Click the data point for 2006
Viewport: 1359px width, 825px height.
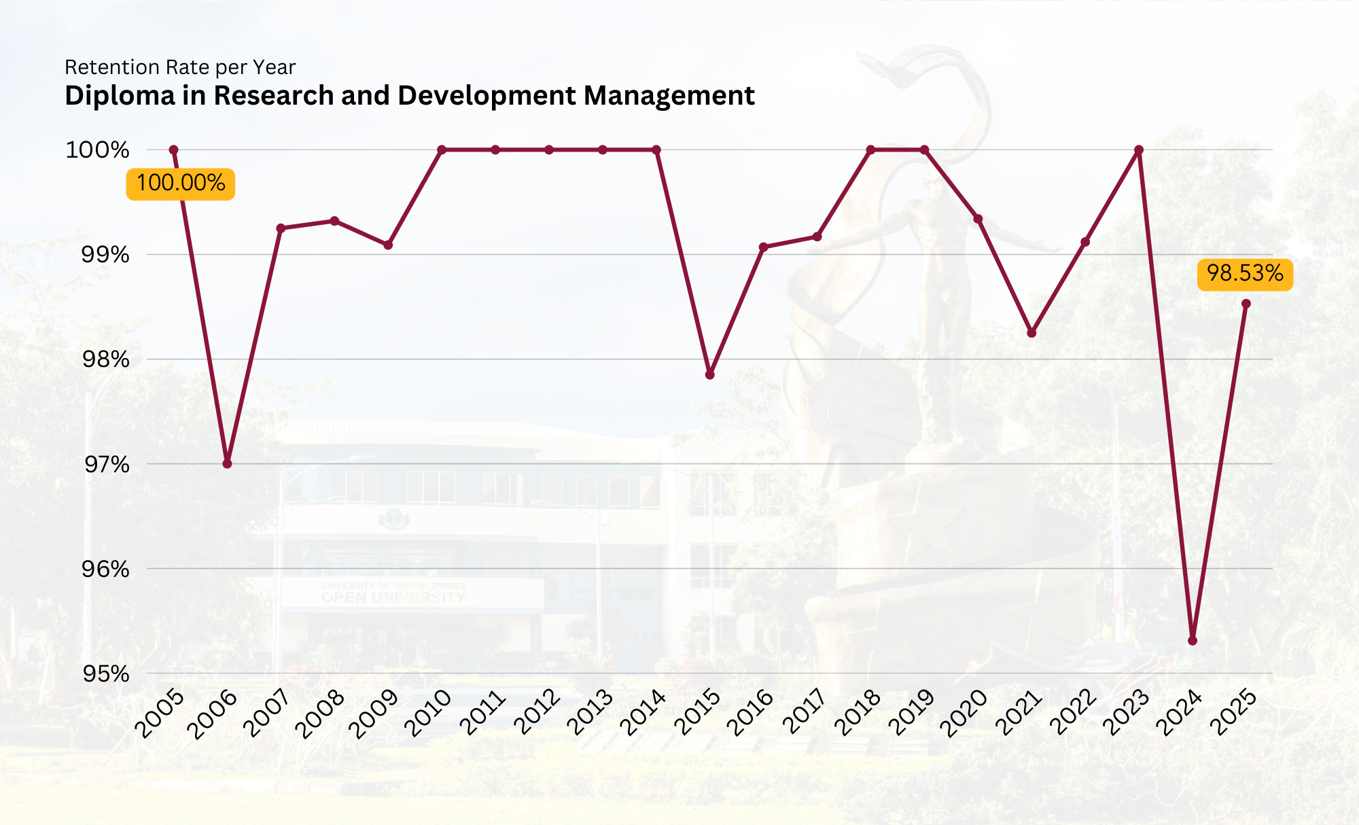pos(227,463)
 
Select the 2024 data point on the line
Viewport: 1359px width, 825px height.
pos(1192,641)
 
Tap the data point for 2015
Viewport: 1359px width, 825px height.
pos(709,375)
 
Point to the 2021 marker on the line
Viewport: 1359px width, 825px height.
pos(1031,333)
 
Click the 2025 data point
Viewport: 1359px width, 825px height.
pos(1246,304)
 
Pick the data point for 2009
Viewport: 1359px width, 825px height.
pos(388,245)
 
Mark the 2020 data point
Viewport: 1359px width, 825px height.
pos(978,219)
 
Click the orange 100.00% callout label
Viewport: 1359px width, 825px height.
pos(181,183)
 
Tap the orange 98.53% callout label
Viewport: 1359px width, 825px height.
pos(1244,274)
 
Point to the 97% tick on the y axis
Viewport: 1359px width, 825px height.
pos(107,465)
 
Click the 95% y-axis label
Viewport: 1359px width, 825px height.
pos(106,674)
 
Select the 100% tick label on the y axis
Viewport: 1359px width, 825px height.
pos(97,150)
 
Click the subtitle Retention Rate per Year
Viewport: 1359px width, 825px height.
pos(180,67)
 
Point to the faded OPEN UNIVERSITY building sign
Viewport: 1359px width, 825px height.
pos(393,597)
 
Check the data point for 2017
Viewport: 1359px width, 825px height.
pos(817,236)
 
